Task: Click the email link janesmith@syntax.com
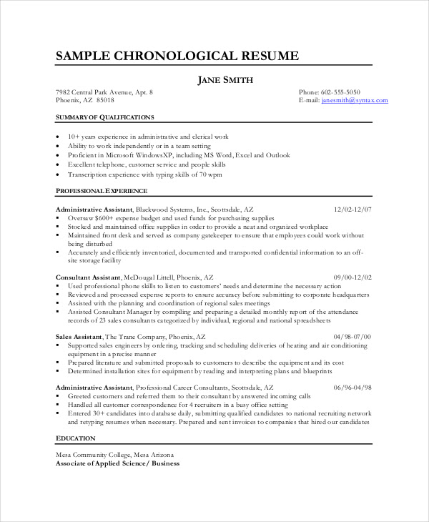coord(355,101)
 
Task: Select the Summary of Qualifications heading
coord(104,116)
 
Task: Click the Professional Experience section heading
coord(102,191)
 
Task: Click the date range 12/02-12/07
coord(352,209)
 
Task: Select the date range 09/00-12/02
coord(352,276)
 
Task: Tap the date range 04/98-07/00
coord(352,335)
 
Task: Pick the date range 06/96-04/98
coord(352,387)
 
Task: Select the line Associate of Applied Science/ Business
coord(117,463)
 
